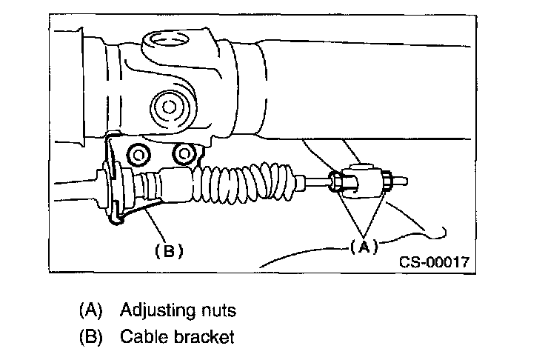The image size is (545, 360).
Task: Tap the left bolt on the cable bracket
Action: [x=138, y=154]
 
